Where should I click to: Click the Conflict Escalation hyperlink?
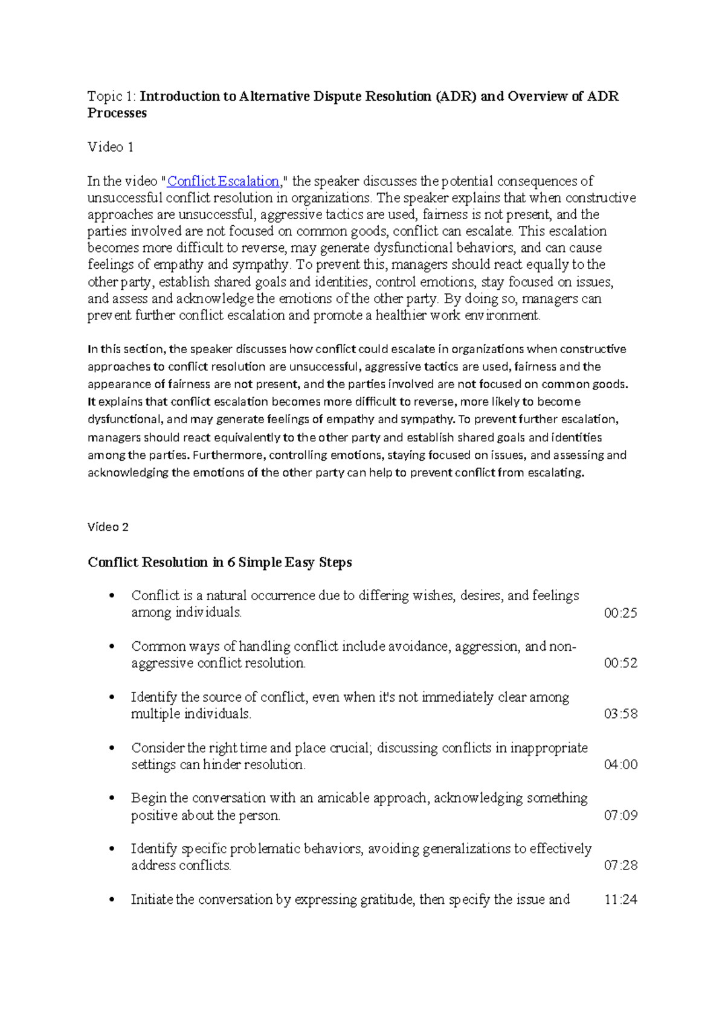(x=223, y=181)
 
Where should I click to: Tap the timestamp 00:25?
(x=620, y=613)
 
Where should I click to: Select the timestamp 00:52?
(x=620, y=663)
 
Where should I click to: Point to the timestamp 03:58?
(x=620, y=714)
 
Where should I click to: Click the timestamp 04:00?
(x=620, y=764)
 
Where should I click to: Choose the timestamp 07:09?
(x=620, y=815)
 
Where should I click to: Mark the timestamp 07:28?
(x=620, y=865)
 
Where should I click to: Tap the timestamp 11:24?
(x=620, y=900)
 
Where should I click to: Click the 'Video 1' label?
(x=111, y=147)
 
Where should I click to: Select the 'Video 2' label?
(x=108, y=527)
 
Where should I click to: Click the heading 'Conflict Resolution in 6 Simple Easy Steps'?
(x=220, y=562)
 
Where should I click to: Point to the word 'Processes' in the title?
(x=117, y=113)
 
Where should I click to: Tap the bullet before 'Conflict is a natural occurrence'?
(x=111, y=596)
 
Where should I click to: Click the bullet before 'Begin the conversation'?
(x=111, y=798)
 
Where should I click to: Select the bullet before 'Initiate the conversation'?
(x=111, y=900)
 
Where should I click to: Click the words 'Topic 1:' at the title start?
(x=112, y=96)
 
